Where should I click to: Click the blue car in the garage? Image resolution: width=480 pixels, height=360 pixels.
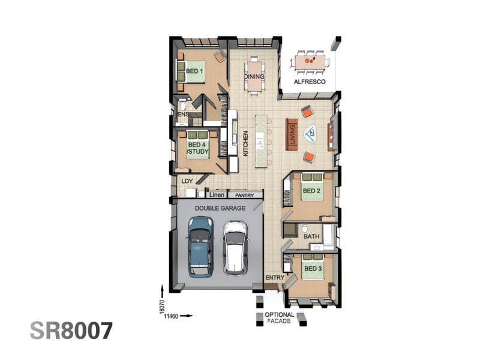coord(200,247)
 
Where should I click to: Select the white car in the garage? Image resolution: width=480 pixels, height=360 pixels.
coord(235,247)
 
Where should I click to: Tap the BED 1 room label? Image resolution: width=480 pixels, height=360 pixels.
coord(194,71)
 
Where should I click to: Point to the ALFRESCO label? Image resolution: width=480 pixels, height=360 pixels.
coord(310,82)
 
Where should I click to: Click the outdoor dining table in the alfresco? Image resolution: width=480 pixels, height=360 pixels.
coord(310,62)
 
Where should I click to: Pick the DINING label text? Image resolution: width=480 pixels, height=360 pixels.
coord(254,77)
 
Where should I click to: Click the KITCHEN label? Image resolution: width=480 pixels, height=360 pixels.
coord(245,143)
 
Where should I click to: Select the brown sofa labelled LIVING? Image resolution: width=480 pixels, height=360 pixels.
coord(292,134)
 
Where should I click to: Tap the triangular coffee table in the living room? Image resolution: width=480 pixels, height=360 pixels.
coord(311,133)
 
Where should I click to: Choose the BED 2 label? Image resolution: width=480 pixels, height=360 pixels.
coord(311,191)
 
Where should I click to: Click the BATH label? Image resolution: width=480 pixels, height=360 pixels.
coord(311,236)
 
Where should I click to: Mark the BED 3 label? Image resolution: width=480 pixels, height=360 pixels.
coord(313,268)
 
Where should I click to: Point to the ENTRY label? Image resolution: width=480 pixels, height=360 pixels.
coord(275,278)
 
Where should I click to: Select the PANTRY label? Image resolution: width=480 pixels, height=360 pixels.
coord(245,196)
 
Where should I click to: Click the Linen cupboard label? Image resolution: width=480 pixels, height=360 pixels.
coord(217,194)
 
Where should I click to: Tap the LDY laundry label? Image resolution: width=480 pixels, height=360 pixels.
coord(187,181)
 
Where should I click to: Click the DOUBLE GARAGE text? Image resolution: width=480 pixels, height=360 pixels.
coord(220,208)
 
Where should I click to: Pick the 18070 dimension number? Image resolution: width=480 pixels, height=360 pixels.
coord(162,307)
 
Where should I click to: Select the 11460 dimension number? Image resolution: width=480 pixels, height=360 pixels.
coord(171,316)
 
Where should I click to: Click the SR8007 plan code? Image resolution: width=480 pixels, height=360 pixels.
coord(71,331)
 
